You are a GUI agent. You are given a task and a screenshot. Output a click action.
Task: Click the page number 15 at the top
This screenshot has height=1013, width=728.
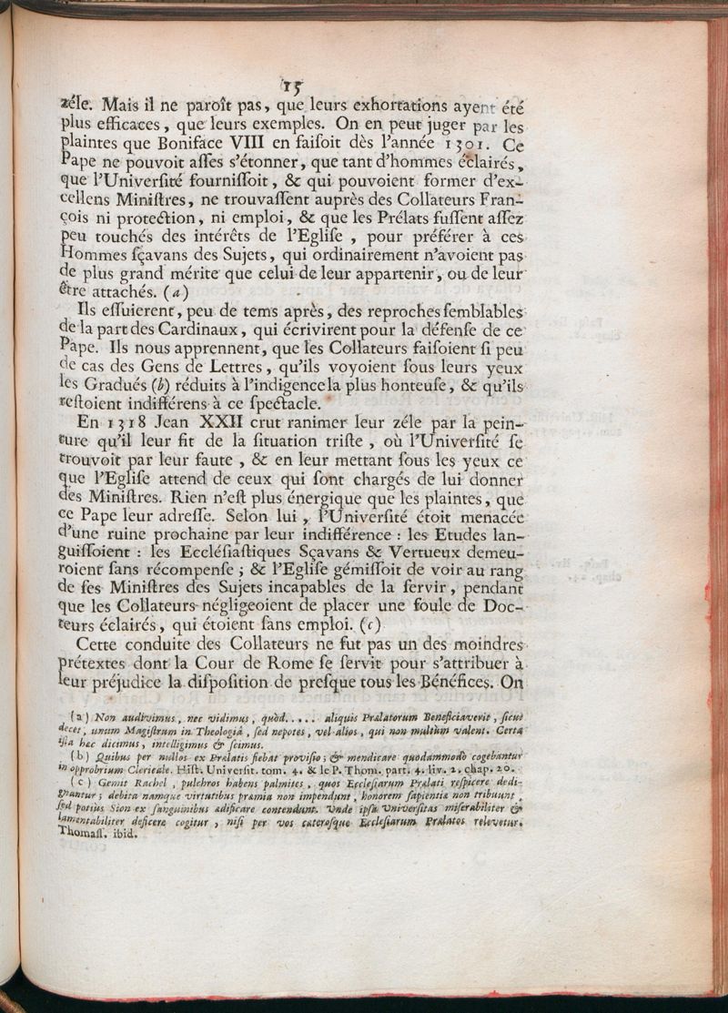point(291,86)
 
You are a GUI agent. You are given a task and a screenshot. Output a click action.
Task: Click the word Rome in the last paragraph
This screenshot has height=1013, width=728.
point(339,656)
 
